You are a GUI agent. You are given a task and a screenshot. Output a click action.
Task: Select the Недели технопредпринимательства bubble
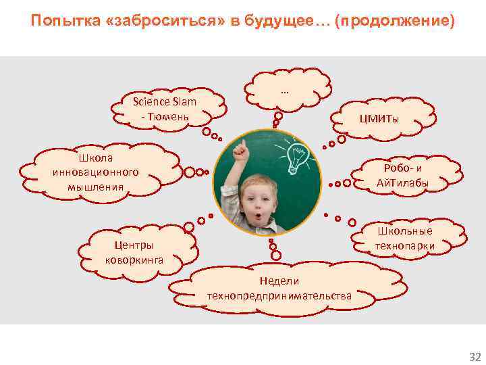point(279,289)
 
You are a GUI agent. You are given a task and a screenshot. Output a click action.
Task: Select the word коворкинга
point(134,259)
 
